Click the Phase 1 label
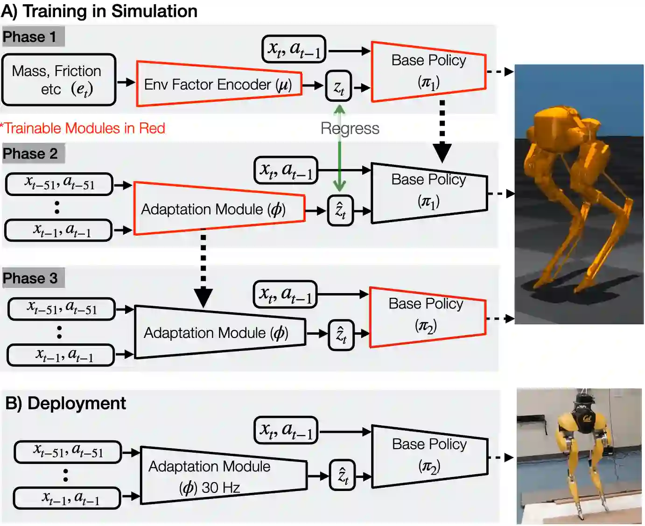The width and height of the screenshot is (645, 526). [30, 37]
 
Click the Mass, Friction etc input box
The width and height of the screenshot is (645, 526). [58, 80]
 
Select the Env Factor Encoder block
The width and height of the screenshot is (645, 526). [218, 84]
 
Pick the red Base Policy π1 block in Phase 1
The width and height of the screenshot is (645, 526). [428, 71]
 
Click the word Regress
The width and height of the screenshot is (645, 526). [350, 128]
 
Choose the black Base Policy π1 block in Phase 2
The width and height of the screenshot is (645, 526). [428, 191]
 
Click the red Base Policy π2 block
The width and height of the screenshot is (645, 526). [427, 316]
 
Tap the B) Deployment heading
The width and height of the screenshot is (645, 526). [65, 403]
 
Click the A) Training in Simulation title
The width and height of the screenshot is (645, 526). [99, 11]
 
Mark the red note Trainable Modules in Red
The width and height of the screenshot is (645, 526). [83, 128]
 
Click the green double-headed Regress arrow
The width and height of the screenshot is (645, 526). [339, 154]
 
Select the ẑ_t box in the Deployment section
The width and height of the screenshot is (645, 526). [342, 476]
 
